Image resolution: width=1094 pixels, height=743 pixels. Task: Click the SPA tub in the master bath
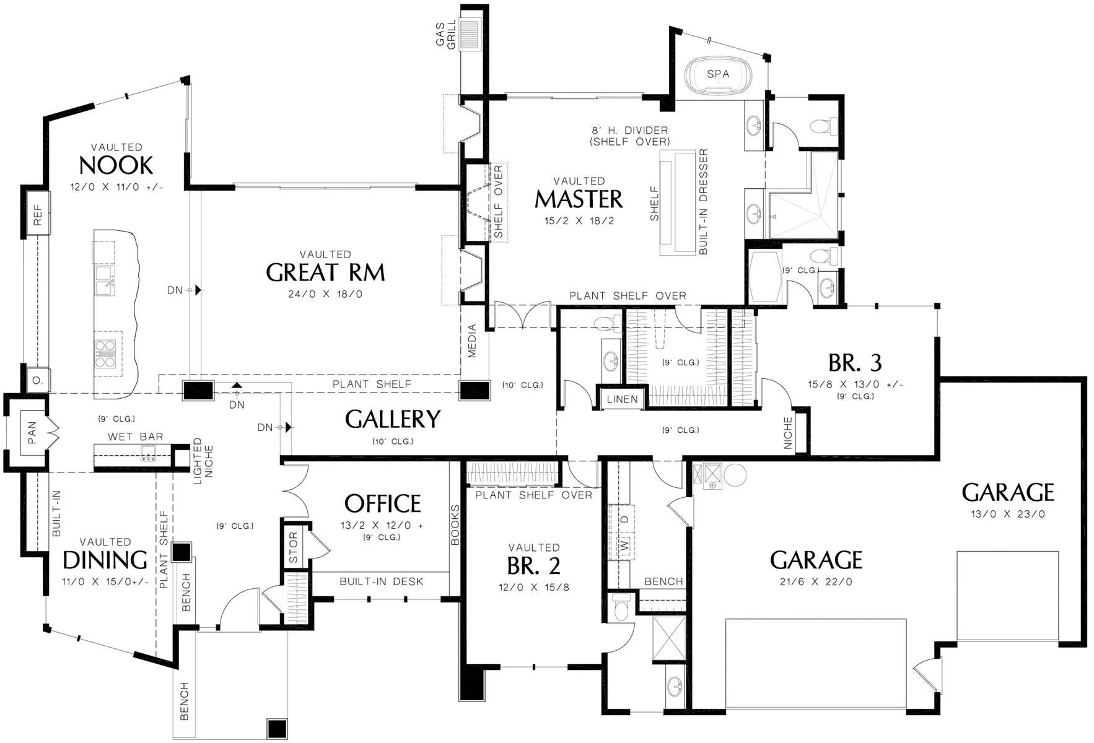pos(718,76)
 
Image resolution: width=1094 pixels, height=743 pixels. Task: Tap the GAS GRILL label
pos(445,35)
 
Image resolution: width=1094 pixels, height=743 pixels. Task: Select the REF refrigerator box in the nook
pos(37,214)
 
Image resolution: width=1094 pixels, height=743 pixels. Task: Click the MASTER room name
pos(579,199)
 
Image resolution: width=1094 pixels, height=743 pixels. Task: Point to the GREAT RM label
pos(325,272)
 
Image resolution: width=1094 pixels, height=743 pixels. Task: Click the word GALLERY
pos(393,419)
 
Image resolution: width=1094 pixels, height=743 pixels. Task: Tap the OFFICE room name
pos(382,503)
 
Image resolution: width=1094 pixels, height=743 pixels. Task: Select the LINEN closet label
pos(622,399)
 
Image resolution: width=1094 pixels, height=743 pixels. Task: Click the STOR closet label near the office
pos(293,547)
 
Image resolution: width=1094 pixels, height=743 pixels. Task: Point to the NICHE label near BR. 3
pos(788,433)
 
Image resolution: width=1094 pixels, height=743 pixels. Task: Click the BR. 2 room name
pos(533,566)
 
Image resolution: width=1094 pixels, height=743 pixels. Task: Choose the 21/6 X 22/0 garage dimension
pos(816,582)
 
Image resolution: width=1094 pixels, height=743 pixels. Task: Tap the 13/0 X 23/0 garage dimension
pos(1008,514)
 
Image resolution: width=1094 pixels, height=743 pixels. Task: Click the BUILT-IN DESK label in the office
pos(382,581)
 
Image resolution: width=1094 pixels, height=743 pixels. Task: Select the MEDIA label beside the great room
pos(472,341)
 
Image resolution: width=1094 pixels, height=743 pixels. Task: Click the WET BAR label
pos(136,437)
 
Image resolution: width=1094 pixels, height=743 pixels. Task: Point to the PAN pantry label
pos(32,433)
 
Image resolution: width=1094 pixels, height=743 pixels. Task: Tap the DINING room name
pos(105,560)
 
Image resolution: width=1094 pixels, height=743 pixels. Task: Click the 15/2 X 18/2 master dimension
pos(579,221)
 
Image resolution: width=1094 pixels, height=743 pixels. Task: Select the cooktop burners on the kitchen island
pos(105,352)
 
